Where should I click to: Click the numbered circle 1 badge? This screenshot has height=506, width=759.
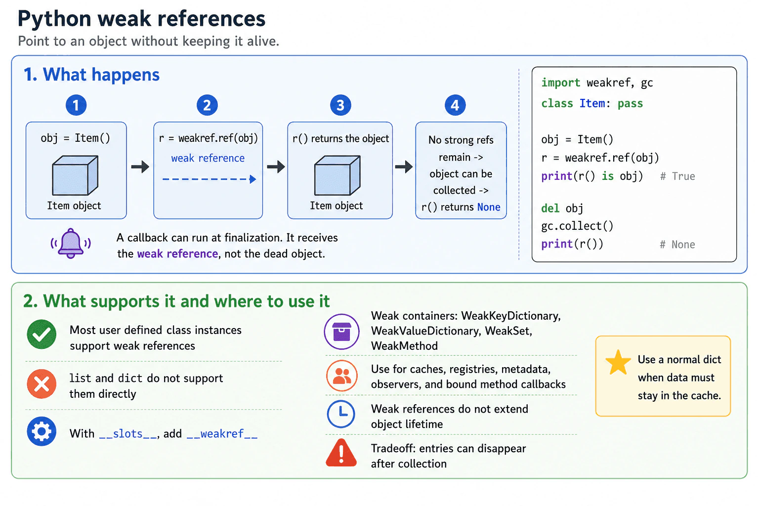[76, 105]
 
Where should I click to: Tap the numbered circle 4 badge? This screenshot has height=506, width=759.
[455, 105]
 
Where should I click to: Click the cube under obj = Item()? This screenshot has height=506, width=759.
[75, 175]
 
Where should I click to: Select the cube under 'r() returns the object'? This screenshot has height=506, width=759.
[337, 175]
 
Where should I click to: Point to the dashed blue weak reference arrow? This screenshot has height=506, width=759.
[210, 179]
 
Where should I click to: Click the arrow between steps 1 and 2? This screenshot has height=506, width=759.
[140, 167]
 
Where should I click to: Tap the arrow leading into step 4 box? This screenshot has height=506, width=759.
[404, 167]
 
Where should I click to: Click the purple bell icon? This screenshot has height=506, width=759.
[71, 243]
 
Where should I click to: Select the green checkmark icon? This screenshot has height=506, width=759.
[42, 334]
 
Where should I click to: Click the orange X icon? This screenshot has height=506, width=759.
[42, 383]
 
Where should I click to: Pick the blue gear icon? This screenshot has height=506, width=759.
[42, 431]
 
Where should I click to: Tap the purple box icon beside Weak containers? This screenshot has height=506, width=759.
[341, 332]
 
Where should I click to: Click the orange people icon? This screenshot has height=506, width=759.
[341, 376]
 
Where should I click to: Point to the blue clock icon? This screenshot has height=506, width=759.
[341, 414]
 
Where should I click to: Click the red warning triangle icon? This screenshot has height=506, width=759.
[341, 453]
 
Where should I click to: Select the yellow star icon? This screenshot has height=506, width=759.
[618, 362]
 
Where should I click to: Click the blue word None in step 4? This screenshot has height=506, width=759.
[489, 207]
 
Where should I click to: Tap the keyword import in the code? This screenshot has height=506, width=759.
[560, 83]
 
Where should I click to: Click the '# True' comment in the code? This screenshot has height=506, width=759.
[677, 176]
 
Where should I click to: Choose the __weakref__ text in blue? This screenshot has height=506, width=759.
[222, 433]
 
